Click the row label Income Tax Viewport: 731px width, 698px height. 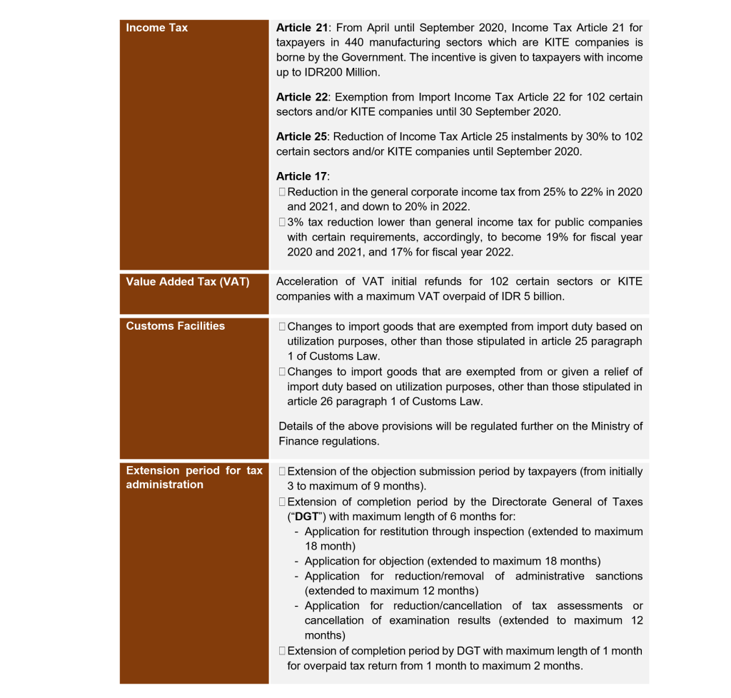tap(157, 28)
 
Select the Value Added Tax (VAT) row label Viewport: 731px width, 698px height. tap(188, 282)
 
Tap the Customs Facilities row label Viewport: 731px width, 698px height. tap(176, 326)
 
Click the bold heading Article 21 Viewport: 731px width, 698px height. tap(303, 28)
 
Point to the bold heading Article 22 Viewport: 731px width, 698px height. tap(303, 96)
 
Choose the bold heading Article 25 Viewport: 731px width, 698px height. tap(303, 136)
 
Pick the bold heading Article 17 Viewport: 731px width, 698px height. tap(303, 176)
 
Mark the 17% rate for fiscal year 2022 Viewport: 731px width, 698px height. tap(423, 252)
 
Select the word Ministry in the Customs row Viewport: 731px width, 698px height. tap(613, 427)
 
